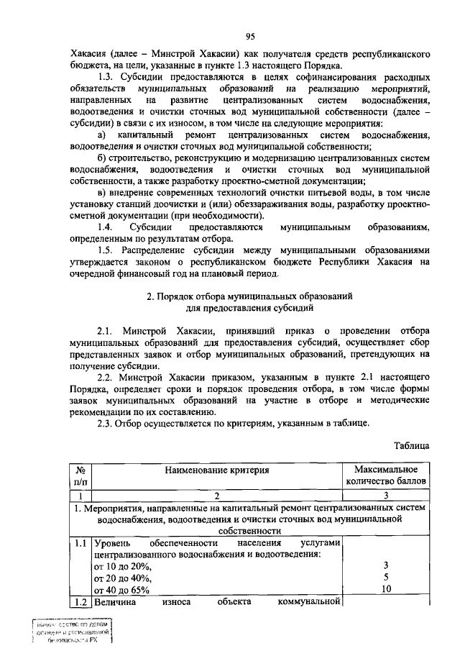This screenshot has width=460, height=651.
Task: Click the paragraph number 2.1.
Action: coord(105,331)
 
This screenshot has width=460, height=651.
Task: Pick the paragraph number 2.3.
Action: coord(105,423)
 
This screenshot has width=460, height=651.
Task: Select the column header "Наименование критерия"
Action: coord(216,470)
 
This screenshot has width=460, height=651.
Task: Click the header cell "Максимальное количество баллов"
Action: coord(387,476)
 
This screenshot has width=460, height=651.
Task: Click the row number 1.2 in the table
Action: coord(80,602)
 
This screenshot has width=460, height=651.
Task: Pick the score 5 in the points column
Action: coord(387,578)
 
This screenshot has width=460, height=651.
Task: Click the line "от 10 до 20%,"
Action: coord(122,566)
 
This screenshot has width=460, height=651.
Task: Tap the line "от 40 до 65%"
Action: coord(121,590)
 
